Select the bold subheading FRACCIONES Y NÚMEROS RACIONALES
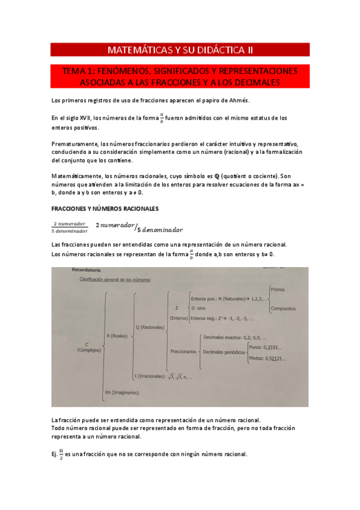click(x=105, y=209)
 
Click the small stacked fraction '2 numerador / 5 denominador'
click(x=70, y=227)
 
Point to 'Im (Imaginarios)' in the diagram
click(x=121, y=392)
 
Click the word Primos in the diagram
click(x=278, y=289)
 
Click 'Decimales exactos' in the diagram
click(x=224, y=338)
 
